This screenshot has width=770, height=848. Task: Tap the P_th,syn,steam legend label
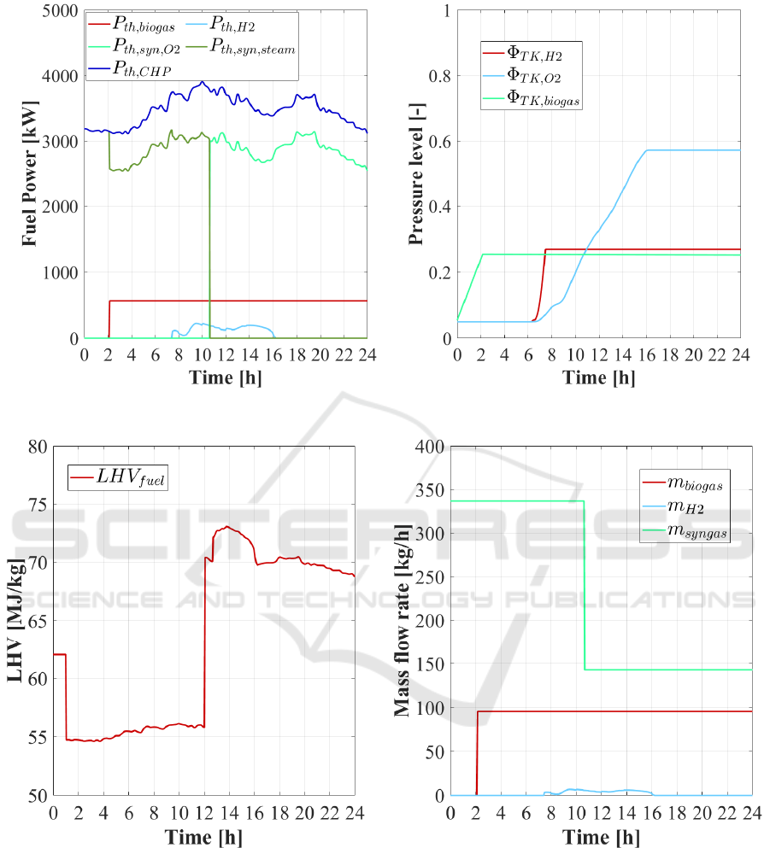(252, 49)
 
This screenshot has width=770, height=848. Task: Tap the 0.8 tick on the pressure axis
(438, 76)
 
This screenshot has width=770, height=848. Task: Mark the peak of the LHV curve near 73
(226, 527)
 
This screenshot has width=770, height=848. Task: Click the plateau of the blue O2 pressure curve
(692, 150)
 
